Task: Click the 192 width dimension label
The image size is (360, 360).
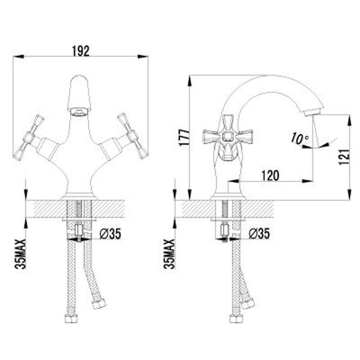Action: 81,51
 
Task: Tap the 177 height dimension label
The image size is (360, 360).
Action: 184,138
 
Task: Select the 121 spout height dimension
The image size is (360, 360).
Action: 344,157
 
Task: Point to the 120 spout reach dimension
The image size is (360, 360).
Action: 270,175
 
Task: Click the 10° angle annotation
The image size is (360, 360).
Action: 299,139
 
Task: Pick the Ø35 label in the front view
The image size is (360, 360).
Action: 110,234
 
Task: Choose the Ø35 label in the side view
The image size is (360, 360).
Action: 259,233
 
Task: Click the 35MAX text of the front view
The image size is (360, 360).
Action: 21,254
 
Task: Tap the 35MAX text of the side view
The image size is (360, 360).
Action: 170,254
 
